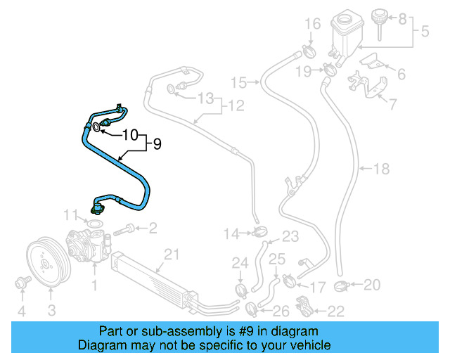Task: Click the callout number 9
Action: pyautogui.click(x=157, y=144)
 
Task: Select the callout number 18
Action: pyautogui.click(x=380, y=169)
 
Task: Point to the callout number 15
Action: pyautogui.click(x=238, y=83)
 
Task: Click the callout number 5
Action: pyautogui.click(x=425, y=32)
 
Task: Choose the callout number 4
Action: pyautogui.click(x=21, y=310)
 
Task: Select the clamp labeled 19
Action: pyautogui.click(x=328, y=70)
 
